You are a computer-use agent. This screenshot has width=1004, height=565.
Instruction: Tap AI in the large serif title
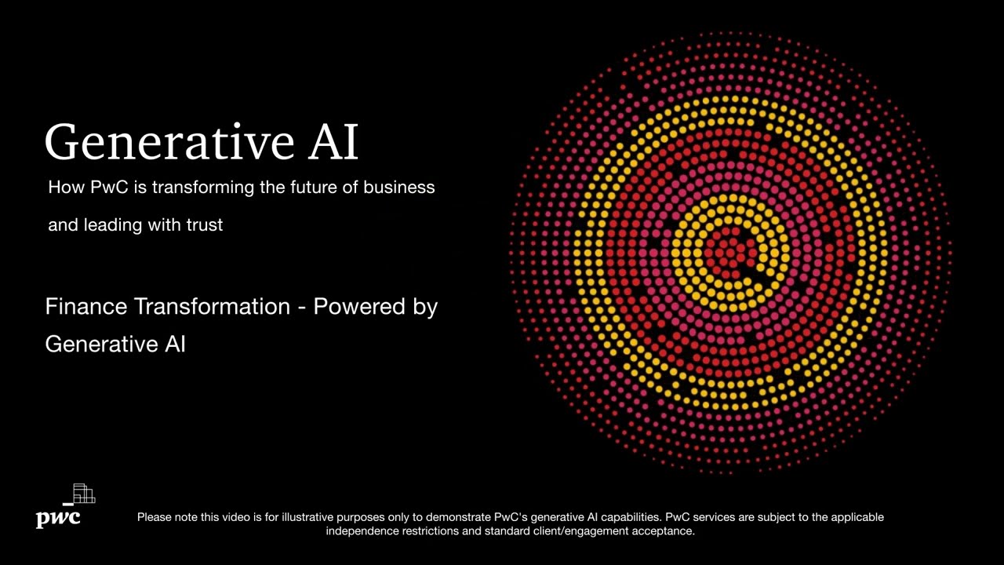click(329, 142)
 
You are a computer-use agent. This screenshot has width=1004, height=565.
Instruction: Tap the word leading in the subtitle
click(111, 225)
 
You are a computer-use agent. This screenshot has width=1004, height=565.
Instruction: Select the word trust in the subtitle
click(204, 225)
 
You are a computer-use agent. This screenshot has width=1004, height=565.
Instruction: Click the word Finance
click(86, 307)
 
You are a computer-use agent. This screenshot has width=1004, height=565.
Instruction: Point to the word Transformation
click(212, 307)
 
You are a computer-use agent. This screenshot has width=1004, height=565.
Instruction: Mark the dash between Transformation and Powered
click(301, 308)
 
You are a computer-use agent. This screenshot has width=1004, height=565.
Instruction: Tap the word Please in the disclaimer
click(155, 517)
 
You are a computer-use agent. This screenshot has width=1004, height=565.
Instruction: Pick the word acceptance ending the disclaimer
click(668, 531)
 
